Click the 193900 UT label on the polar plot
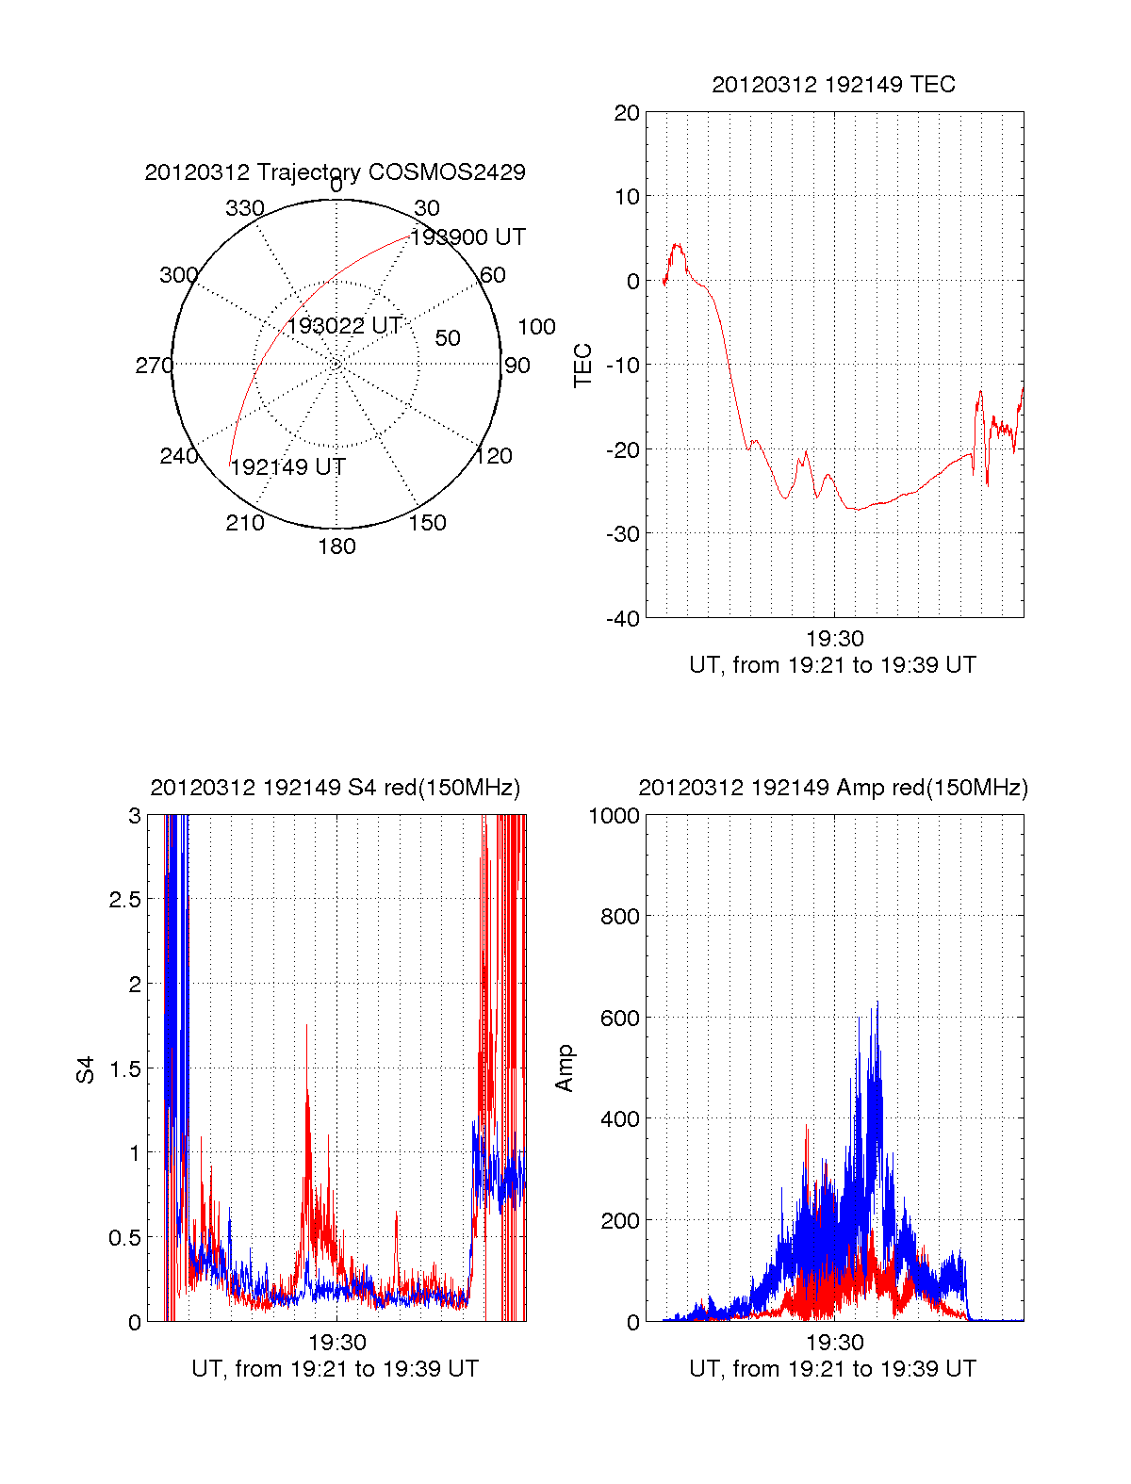click(x=468, y=237)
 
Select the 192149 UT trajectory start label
click(x=288, y=467)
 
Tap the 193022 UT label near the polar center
click(x=345, y=326)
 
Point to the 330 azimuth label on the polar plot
click(x=245, y=208)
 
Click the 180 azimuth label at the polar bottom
click(x=336, y=546)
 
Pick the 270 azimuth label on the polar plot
click(x=154, y=366)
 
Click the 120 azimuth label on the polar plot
click(x=494, y=456)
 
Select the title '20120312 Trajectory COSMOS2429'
click(x=335, y=172)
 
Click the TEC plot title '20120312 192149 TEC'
click(x=833, y=85)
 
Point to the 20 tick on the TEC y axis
click(x=628, y=113)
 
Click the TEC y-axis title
click(x=583, y=366)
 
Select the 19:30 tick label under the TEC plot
click(x=834, y=640)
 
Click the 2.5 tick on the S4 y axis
click(x=124, y=900)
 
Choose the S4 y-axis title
click(x=86, y=1069)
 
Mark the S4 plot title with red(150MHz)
click(x=335, y=788)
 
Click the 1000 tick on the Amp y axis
click(x=615, y=816)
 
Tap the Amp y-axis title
click(x=565, y=1068)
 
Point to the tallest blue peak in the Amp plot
click(x=877, y=1003)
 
